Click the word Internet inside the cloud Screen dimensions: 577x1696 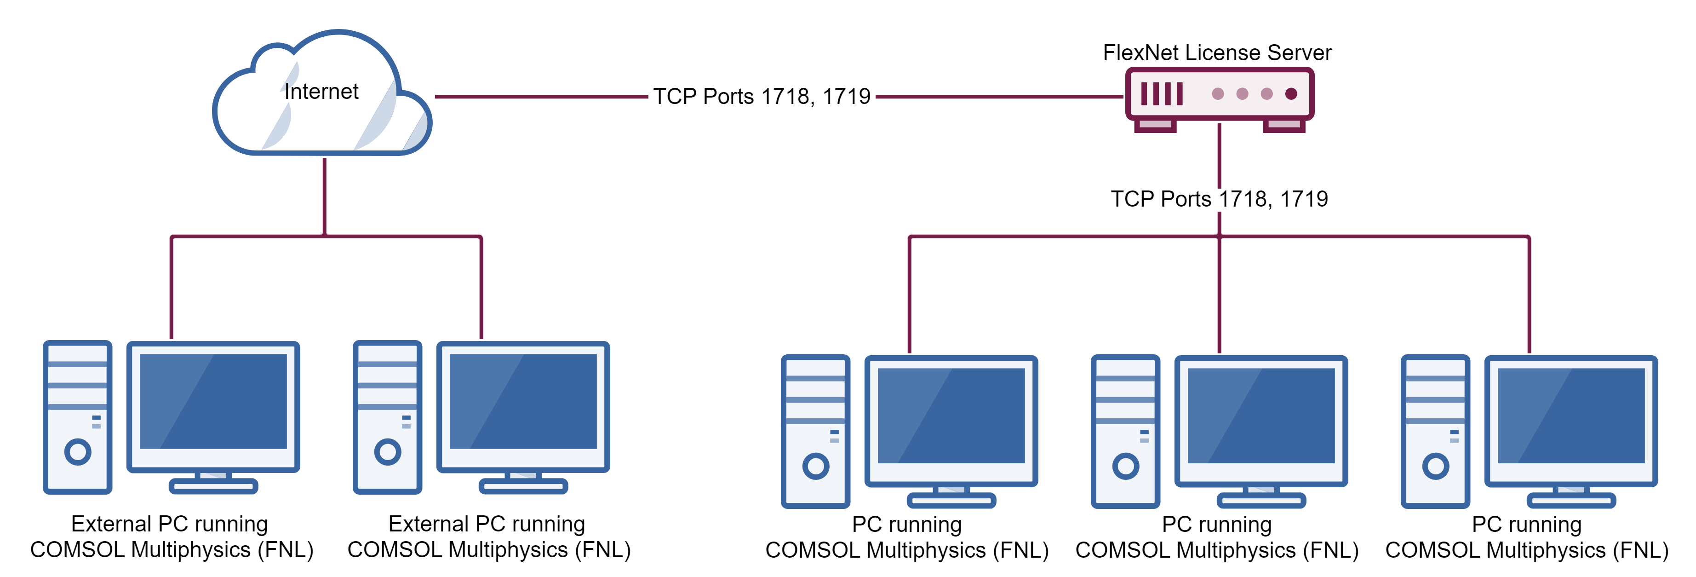coord(321,92)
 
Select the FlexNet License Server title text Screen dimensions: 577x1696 coord(1217,53)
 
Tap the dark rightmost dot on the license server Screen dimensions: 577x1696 coord(1291,93)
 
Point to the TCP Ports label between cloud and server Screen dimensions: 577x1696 coord(762,96)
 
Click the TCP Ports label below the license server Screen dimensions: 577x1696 coord(1219,199)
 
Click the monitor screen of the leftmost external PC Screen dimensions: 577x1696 coord(212,401)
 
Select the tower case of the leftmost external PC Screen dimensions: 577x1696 coord(78,416)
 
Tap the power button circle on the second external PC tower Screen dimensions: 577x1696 coord(387,452)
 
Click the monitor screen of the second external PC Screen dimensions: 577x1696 coord(523,401)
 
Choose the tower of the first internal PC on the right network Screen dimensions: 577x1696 coord(815,432)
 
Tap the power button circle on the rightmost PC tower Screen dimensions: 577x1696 coord(1435,467)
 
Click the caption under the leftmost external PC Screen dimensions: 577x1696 coord(171,537)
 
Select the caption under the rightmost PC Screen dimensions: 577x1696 coord(1526,537)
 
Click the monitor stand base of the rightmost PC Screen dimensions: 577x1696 coord(1571,501)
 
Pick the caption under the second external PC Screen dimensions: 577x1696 coord(488,537)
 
